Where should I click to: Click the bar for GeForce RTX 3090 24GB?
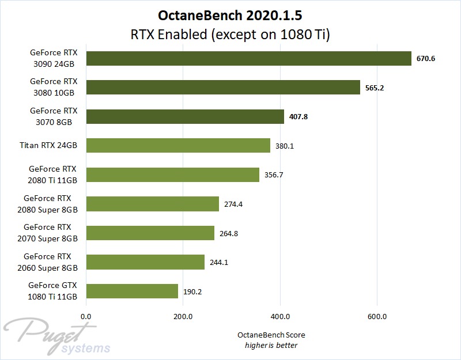click(248, 58)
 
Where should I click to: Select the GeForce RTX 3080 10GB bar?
click(223, 87)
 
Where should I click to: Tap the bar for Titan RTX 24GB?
click(178, 146)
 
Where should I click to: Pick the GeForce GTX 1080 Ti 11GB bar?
click(132, 291)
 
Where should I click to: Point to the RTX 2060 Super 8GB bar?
click(145, 262)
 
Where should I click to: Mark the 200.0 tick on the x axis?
click(183, 316)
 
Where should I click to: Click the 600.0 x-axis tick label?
click(377, 316)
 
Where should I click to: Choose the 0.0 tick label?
click(86, 316)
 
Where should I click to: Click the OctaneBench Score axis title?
click(271, 335)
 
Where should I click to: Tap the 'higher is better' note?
click(271, 345)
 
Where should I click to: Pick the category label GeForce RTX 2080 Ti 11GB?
click(53, 175)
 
